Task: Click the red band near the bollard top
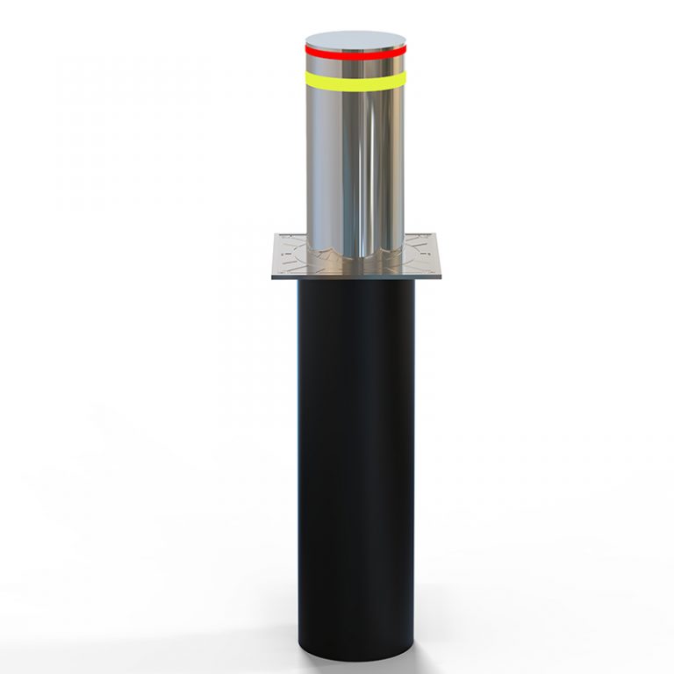click(x=355, y=54)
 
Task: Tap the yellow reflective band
click(x=355, y=80)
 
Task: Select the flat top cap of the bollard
click(x=355, y=40)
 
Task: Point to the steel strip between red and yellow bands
click(x=355, y=66)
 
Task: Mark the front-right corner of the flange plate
click(x=441, y=277)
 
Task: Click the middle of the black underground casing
click(x=356, y=439)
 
